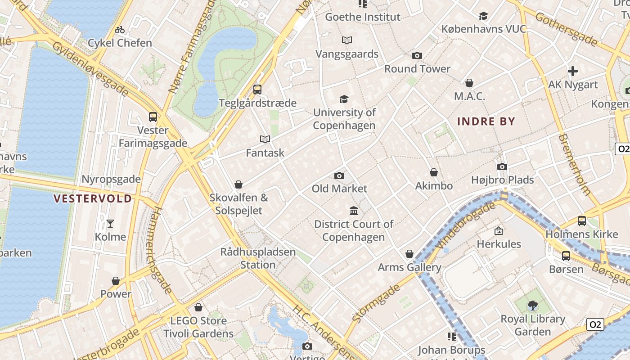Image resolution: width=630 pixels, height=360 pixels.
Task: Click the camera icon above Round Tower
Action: tap(417, 56)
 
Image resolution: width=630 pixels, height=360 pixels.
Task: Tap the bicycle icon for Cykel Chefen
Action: tap(120, 30)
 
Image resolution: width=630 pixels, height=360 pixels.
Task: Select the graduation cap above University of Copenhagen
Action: tap(344, 99)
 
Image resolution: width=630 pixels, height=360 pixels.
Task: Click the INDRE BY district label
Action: tap(486, 121)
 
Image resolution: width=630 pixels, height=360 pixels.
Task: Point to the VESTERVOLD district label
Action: tap(93, 198)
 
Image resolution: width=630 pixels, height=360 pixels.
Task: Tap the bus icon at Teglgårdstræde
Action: tap(257, 90)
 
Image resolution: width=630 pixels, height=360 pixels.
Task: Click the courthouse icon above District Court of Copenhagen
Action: tap(354, 211)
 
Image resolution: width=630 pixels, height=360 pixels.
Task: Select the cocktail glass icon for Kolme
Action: tap(110, 224)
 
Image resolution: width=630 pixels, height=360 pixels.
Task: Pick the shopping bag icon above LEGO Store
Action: tap(198, 307)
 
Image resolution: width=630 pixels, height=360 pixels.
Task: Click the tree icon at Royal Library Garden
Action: tap(533, 306)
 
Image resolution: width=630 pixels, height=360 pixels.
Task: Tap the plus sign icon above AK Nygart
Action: tap(573, 71)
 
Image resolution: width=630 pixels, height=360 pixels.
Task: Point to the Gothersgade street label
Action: tap(566, 29)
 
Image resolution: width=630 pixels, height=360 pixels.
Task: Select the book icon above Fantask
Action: tap(265, 139)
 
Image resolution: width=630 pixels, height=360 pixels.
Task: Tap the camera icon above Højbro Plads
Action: tap(502, 166)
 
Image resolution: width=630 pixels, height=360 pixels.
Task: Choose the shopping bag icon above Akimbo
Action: tap(434, 172)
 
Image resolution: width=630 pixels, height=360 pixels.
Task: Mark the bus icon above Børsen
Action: tap(566, 256)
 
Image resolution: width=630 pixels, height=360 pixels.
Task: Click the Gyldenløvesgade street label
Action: tap(90, 68)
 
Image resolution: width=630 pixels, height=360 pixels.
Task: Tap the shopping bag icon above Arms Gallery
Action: tap(409, 254)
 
